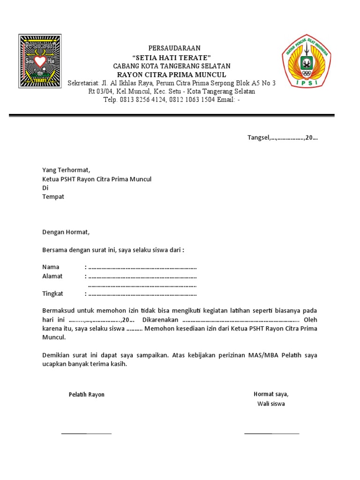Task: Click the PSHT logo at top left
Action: pos(39,60)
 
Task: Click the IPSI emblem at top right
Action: pos(306,60)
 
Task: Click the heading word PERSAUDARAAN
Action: pos(174,48)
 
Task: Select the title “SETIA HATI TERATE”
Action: pos(172,57)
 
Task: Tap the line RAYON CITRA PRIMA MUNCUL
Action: pos(172,75)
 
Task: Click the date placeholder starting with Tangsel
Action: pos(283,137)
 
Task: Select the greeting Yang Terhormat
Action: pos(66,170)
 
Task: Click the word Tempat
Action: pos(53,196)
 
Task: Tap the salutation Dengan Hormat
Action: pos(66,232)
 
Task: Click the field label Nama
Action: pos(51,267)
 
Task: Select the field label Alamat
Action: pos(52,276)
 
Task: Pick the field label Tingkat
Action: pos(52,294)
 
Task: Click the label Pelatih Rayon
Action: pos(87,395)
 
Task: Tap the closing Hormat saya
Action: pos(271,394)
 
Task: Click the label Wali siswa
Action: pos(271,404)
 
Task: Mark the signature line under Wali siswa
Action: pos(271,433)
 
